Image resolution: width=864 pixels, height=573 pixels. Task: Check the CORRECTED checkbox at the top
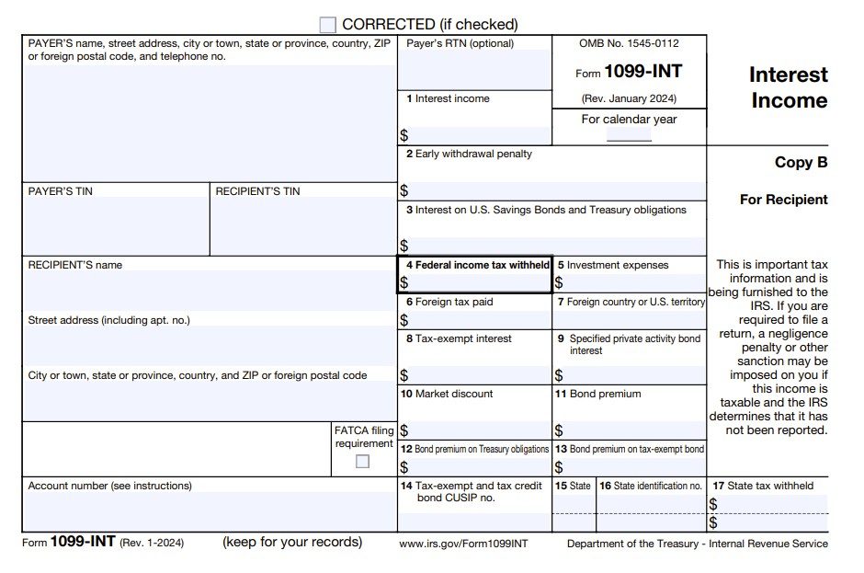point(328,25)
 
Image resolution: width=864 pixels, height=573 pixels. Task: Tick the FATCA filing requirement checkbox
point(363,462)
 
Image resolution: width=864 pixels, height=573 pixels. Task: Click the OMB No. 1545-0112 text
point(630,43)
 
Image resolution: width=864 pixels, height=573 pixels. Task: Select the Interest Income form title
point(789,87)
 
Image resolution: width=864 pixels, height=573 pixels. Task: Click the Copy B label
point(801,163)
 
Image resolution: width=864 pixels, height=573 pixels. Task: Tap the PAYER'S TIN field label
point(61,191)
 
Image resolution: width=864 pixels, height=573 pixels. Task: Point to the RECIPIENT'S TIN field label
point(257,191)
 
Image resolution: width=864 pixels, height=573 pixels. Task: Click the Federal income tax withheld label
point(478,265)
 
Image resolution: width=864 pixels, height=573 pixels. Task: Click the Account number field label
point(110,486)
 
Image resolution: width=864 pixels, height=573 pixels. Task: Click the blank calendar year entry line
point(629,135)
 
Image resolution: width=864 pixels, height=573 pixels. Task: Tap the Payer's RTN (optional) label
point(460,43)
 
